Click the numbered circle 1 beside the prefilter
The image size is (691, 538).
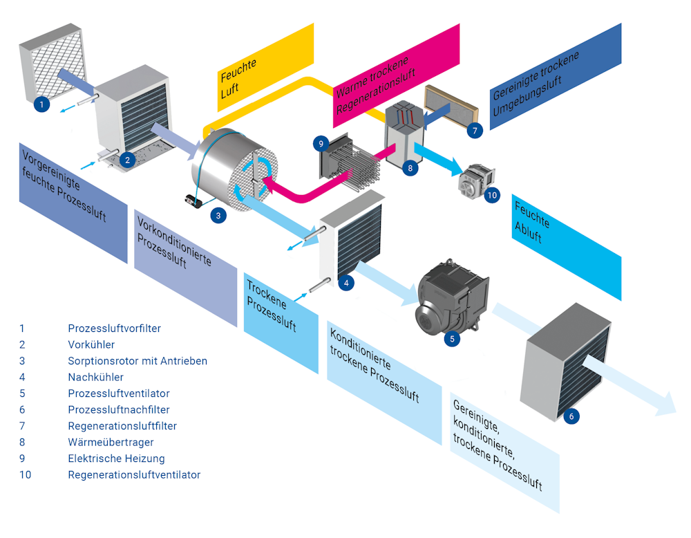point(41,104)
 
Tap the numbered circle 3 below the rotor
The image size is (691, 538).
point(218,215)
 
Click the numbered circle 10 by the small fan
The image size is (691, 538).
point(491,195)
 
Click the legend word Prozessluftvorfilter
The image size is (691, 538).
point(114,328)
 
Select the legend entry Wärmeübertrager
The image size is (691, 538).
point(111,442)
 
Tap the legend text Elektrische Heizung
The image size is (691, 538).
point(116,458)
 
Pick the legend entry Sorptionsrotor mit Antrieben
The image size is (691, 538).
point(138,361)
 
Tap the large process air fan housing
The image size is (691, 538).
point(449,297)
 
